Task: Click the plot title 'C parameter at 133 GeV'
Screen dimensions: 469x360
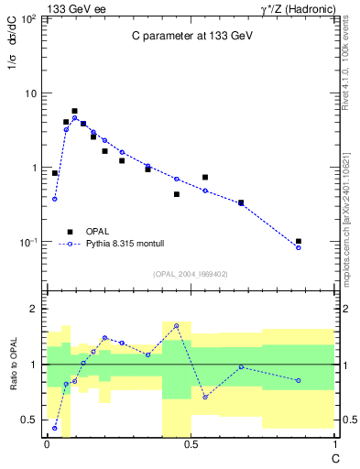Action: (191, 37)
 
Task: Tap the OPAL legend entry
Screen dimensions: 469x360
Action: (94, 232)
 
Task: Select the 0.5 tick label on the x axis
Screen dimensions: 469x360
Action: (191, 445)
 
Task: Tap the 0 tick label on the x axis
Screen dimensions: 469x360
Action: (47, 445)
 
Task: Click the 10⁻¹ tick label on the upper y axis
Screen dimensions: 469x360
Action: (27, 243)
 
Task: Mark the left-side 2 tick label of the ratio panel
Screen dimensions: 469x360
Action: (34, 309)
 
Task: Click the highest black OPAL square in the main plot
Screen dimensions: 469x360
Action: (74, 111)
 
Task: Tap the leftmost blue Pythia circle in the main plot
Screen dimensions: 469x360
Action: (55, 199)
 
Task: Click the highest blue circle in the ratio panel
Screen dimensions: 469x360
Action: (176, 326)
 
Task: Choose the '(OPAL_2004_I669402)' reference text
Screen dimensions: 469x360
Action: (191, 274)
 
